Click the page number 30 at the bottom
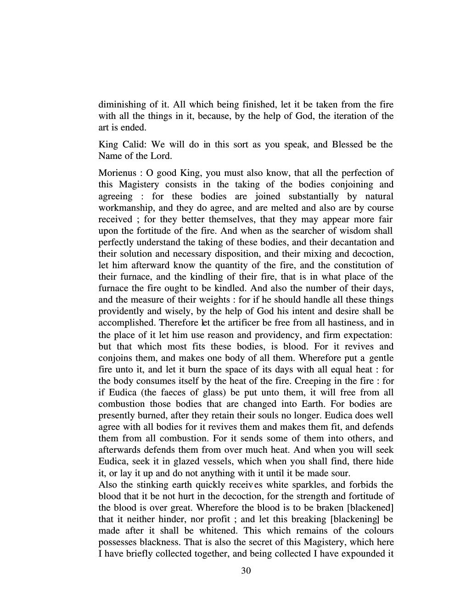tap(246, 571)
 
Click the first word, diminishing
tap(123, 104)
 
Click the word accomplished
tap(124, 323)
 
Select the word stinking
tap(149, 484)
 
